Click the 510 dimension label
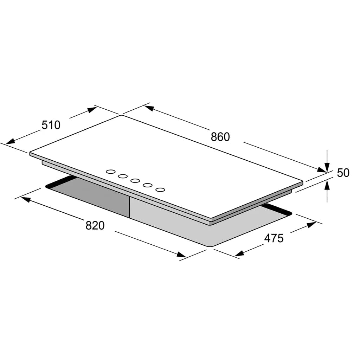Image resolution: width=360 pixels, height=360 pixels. coord(51,125)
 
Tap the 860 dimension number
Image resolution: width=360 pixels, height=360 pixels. coord(220,137)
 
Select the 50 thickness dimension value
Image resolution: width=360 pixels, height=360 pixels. coord(343,173)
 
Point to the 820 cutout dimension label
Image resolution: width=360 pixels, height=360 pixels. coord(95,225)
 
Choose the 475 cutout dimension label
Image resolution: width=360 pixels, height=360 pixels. coord(274,238)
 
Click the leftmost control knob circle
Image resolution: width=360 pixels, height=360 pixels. coord(111,172)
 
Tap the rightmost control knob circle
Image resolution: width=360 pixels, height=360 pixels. coord(160,189)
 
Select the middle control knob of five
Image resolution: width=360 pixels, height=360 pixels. coord(135,181)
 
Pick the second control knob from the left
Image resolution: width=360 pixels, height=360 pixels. coord(123,176)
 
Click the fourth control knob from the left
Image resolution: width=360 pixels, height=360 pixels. coord(148,185)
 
